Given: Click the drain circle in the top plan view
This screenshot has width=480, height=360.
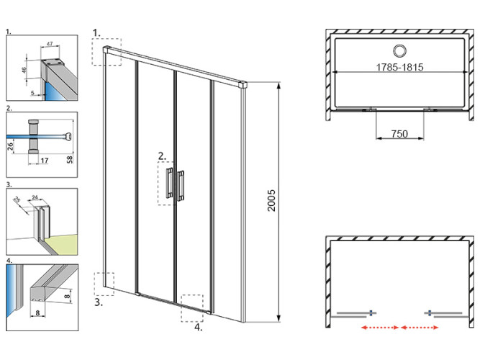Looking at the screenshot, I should [x=397, y=50].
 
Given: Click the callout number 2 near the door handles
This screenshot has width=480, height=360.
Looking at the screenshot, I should [x=162, y=155].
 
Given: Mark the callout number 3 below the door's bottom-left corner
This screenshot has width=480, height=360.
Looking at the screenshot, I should [x=98, y=303].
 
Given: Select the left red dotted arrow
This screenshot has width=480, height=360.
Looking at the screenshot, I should [x=380, y=328].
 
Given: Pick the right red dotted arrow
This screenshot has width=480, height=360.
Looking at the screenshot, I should [x=421, y=328].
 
